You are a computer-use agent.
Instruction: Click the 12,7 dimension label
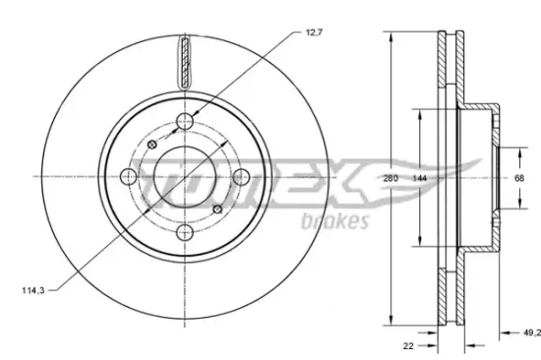[x=314, y=32]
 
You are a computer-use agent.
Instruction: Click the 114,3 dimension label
[x=33, y=290]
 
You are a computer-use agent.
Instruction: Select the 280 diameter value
[x=391, y=178]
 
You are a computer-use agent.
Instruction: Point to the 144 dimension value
[x=420, y=178]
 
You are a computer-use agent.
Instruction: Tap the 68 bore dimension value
[x=519, y=178]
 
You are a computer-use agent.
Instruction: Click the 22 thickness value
[x=408, y=345]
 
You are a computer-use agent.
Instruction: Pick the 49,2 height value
[x=532, y=332]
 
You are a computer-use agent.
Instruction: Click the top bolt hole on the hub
[x=185, y=121]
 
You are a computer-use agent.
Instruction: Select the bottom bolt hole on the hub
[x=185, y=232]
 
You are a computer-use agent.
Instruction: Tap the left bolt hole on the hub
[x=129, y=177]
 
